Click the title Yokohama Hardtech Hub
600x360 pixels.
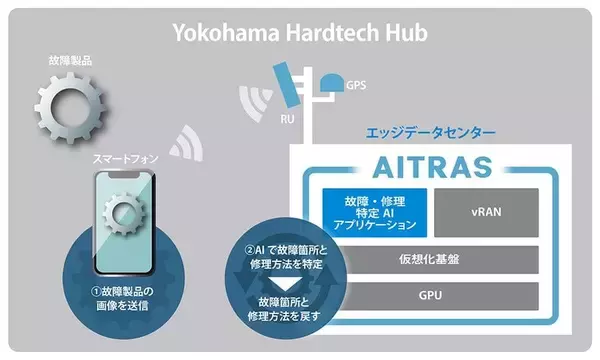click(x=299, y=32)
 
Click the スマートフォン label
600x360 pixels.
click(x=125, y=158)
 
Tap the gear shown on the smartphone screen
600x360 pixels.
click(x=128, y=216)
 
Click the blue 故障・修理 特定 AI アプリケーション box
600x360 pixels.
click(x=373, y=212)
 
